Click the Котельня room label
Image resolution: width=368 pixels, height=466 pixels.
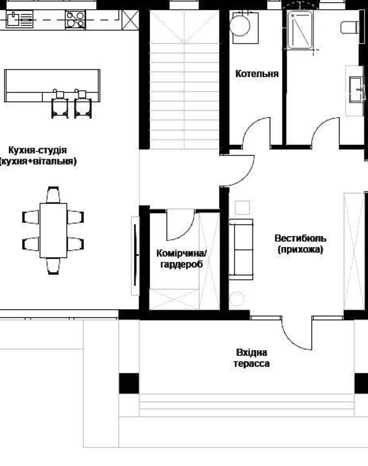pos(257,74)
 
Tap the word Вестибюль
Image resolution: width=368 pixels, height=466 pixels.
pos(301,239)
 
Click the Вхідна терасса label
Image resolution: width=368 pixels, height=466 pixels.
pos(252,358)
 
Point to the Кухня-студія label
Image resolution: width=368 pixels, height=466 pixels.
pos(37,150)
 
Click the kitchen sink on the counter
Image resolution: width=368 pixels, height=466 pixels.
pos(20,19)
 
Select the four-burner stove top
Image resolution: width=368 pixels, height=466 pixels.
pos(75,20)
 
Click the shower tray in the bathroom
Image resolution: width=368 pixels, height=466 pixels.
pos(300,30)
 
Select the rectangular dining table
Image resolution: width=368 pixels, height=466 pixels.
pos(53,231)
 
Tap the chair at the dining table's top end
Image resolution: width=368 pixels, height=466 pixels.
pos(53,195)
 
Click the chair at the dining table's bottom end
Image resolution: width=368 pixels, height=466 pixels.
pos(53,266)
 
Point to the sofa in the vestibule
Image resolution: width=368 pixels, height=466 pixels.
pos(241,250)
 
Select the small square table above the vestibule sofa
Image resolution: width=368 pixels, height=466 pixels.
pos(243,208)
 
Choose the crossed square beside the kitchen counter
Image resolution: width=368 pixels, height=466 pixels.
pos(130,20)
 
